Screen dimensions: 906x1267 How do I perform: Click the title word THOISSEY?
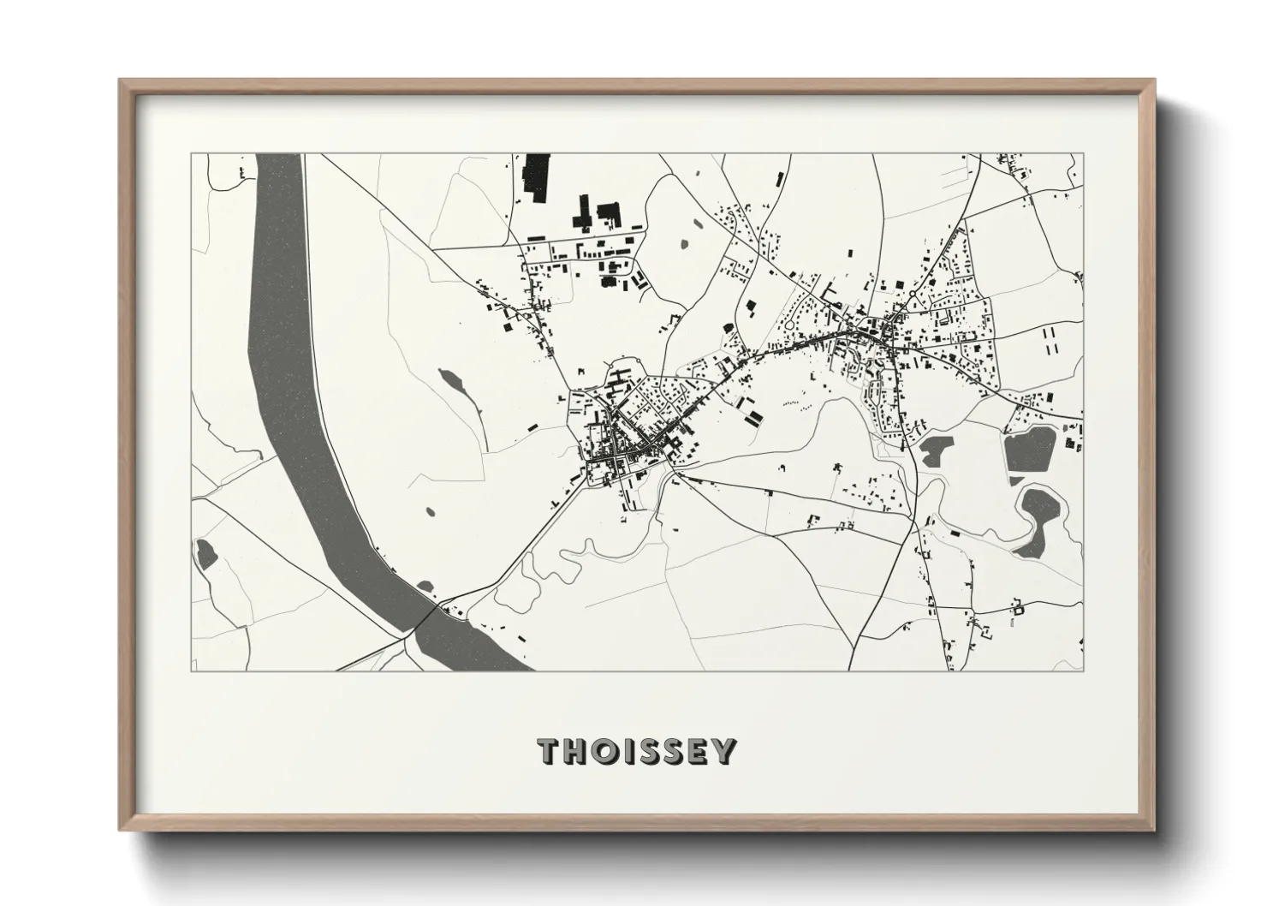click(636, 752)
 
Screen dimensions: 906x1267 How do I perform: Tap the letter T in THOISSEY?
click(549, 752)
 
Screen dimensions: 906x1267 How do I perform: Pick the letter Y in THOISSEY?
click(724, 752)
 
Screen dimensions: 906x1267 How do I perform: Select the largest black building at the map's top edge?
click(536, 178)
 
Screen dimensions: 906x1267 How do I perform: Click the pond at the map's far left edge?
click(205, 553)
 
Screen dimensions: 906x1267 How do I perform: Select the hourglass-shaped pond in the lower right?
click(1036, 519)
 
